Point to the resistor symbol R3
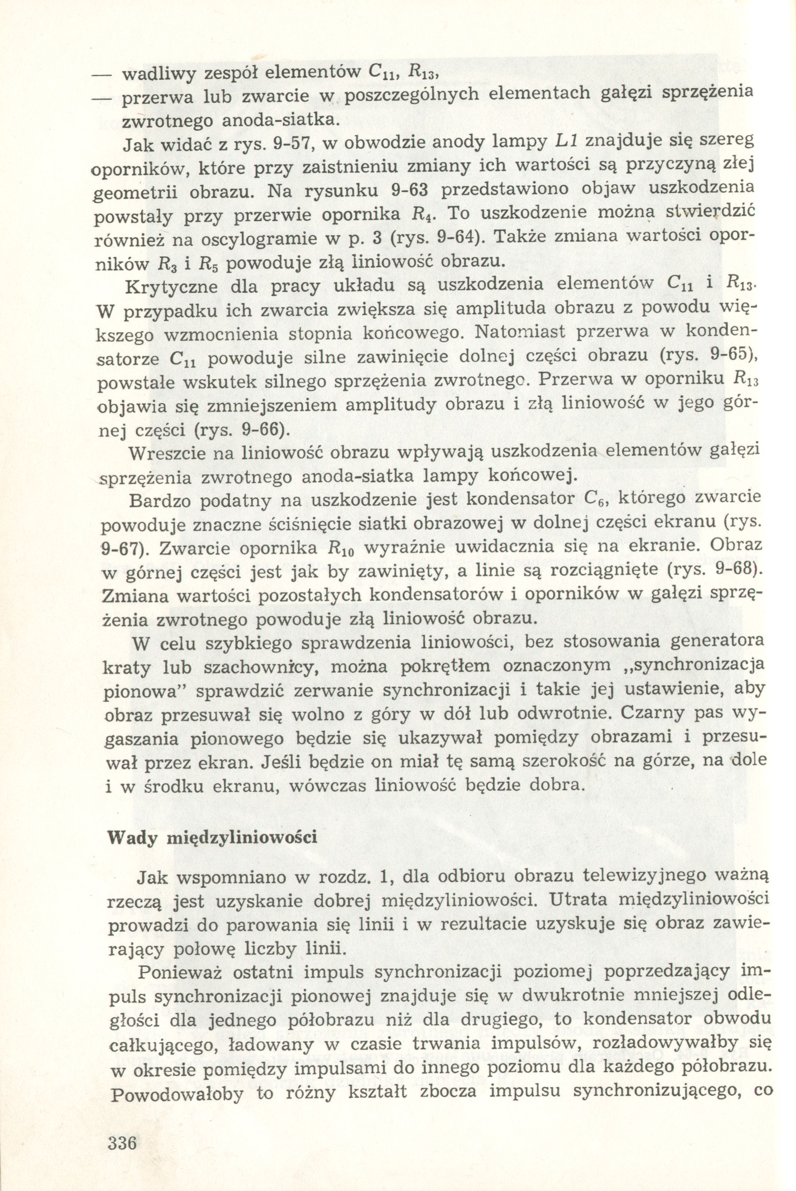click(x=168, y=264)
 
